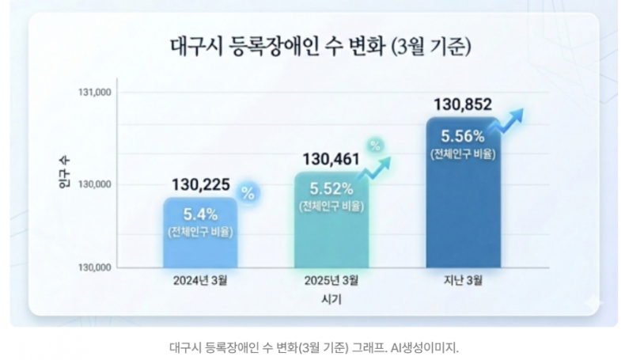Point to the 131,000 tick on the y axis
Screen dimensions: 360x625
click(94, 93)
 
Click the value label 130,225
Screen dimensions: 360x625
click(200, 185)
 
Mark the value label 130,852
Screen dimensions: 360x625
click(464, 104)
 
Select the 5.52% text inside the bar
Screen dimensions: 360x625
click(331, 189)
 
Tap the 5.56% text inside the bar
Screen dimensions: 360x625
click(464, 135)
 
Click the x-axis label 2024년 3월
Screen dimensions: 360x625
click(200, 281)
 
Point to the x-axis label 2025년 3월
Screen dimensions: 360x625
click(331, 281)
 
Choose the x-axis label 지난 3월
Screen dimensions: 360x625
click(464, 281)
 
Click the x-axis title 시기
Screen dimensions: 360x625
click(332, 300)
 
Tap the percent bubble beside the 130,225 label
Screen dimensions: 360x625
click(248, 193)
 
